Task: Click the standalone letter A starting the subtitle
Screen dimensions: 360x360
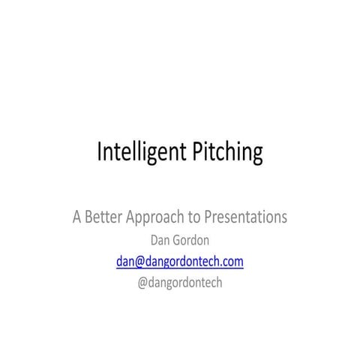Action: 77,218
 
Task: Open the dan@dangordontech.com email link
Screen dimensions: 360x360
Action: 180,261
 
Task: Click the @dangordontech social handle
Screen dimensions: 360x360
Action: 180,282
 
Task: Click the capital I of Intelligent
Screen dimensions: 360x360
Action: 100,152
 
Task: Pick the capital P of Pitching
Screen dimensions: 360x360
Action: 199,152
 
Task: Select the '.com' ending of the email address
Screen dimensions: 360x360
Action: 230,261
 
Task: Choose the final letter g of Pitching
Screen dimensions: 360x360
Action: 257,154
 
